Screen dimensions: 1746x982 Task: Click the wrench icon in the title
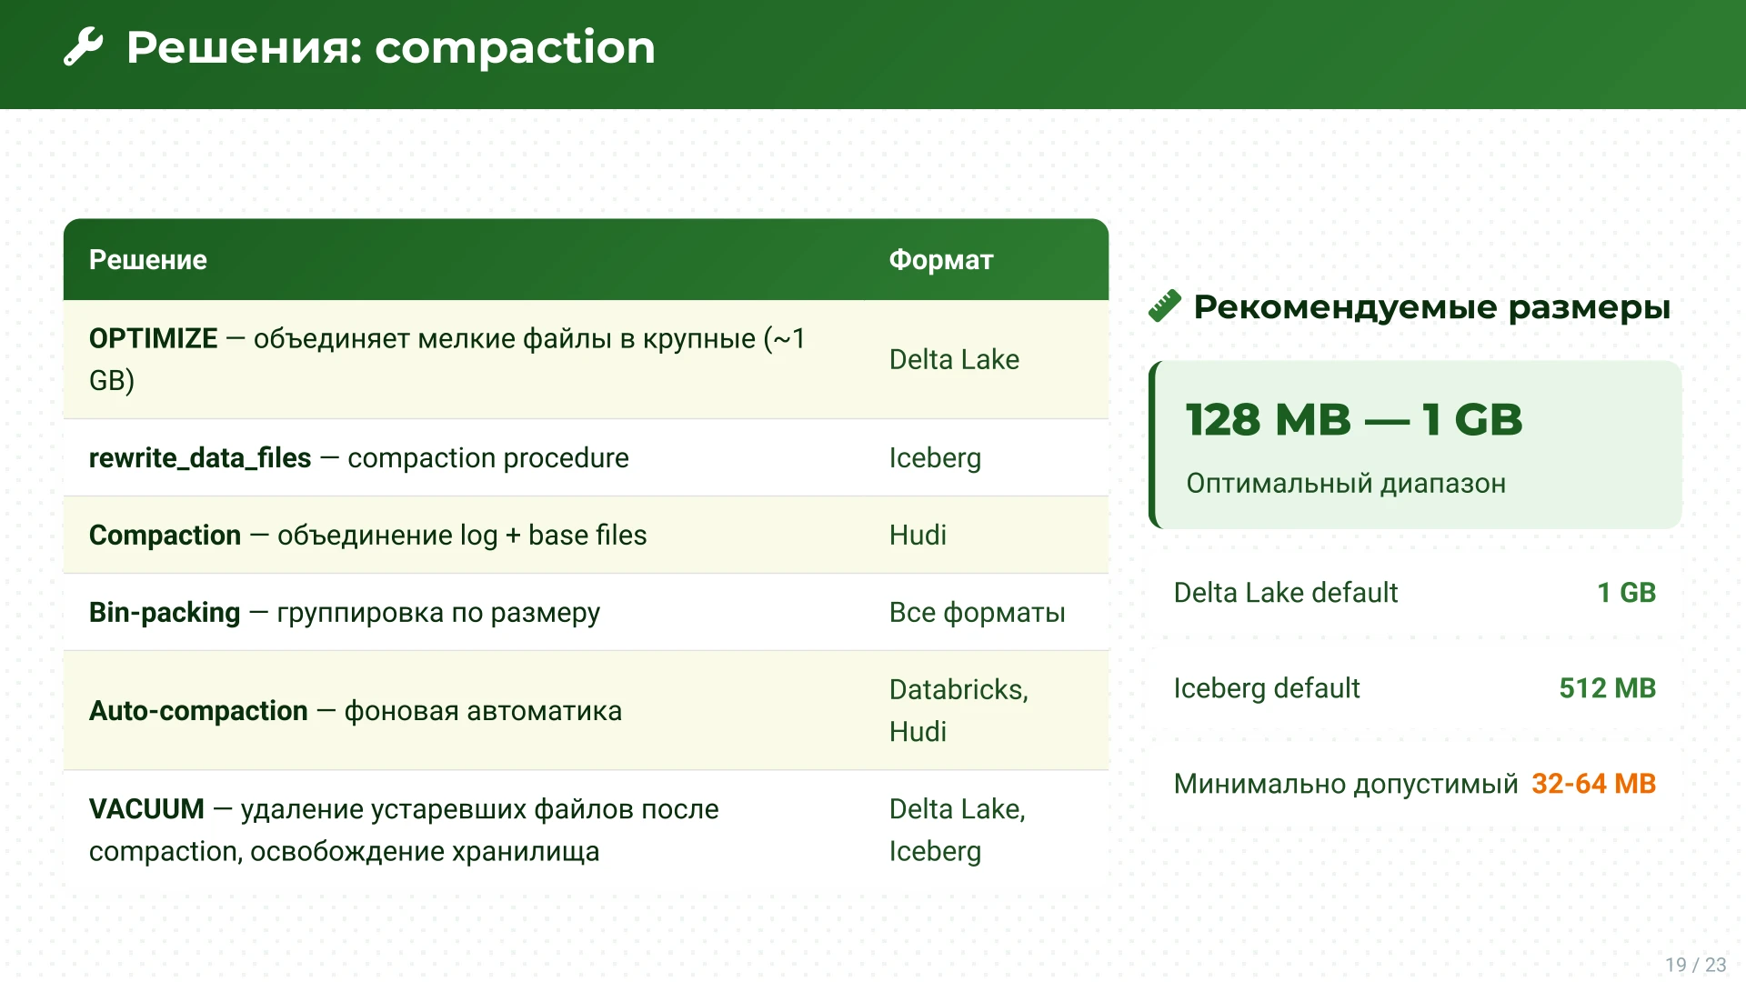[x=84, y=47]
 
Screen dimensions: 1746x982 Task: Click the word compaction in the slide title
[x=515, y=48]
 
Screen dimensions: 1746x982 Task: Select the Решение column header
[x=148, y=260]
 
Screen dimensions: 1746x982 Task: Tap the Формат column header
[x=941, y=260]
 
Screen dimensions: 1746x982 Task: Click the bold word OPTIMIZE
[x=154, y=338]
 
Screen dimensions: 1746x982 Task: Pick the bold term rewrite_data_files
[x=200, y=457]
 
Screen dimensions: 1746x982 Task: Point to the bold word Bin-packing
[x=165, y=613]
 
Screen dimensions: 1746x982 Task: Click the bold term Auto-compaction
[x=198, y=711]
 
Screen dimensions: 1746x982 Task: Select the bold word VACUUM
[x=146, y=809]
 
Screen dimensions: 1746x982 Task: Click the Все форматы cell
[x=978, y=613]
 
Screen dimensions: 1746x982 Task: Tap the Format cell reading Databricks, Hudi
[x=959, y=710]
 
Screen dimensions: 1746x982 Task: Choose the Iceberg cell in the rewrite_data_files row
[x=935, y=458]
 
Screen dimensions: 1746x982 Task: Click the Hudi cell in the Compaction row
[x=918, y=536]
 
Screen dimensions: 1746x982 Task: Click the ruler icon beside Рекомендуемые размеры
[x=1165, y=306]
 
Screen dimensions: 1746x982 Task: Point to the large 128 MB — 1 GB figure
[x=1354, y=420]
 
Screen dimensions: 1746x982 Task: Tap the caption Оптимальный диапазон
[x=1346, y=484]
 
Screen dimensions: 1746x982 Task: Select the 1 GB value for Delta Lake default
[x=1627, y=593]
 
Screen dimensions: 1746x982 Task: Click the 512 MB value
[x=1608, y=688]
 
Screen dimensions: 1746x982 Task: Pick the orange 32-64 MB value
[x=1594, y=784]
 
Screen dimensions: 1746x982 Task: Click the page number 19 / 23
[x=1696, y=965]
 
